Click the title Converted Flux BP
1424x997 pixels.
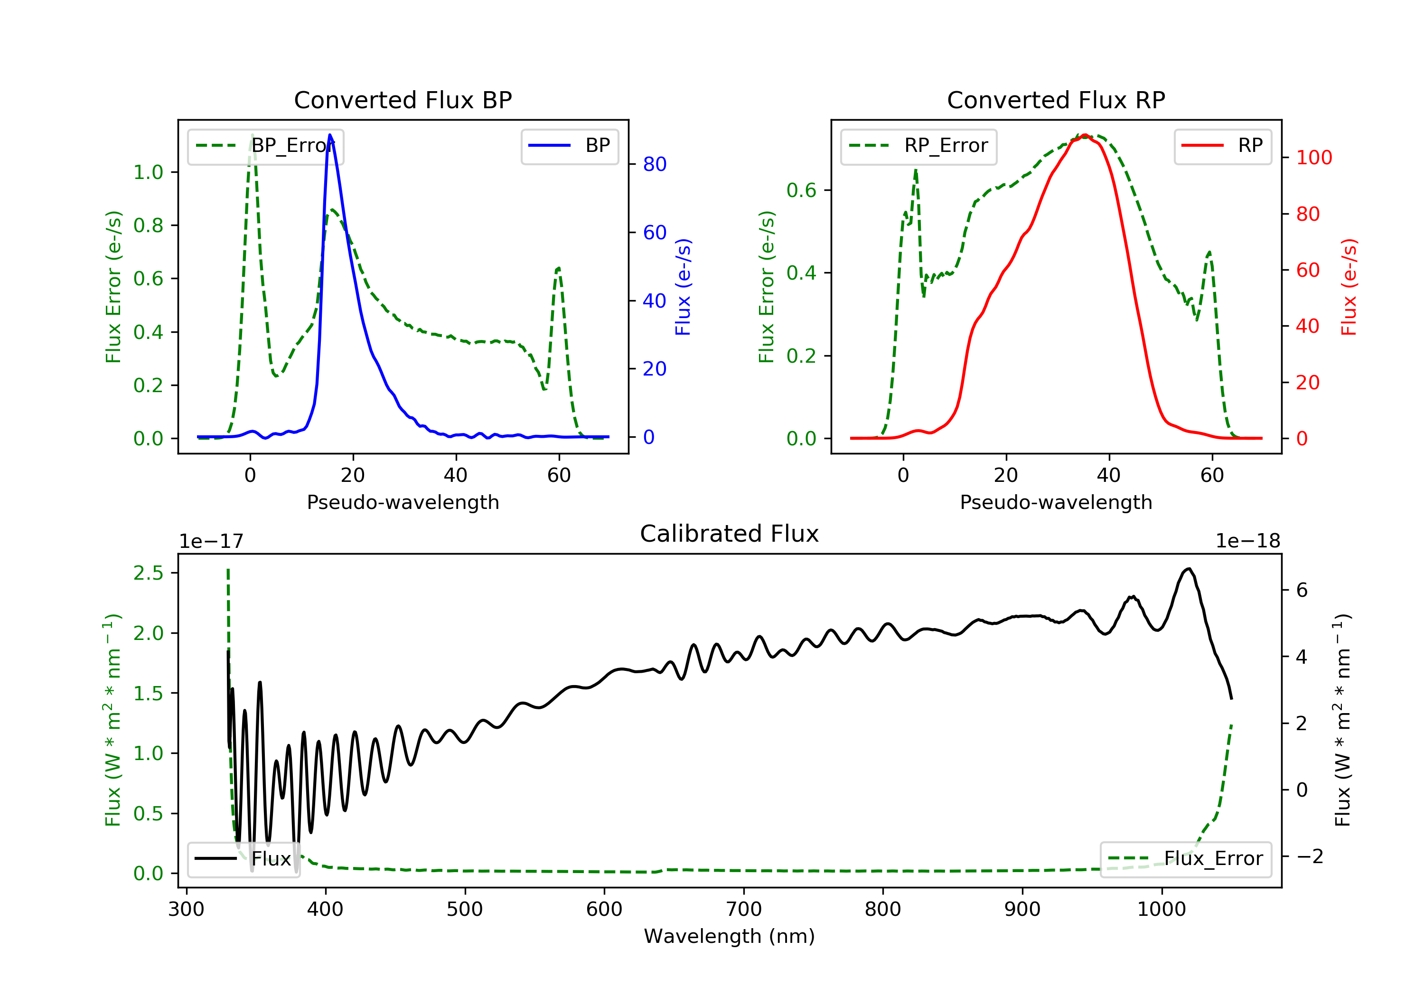pos(403,100)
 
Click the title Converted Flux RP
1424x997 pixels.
pos(1056,100)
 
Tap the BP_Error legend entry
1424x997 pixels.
pos(265,146)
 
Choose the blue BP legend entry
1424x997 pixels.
pos(569,146)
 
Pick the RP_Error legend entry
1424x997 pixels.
pos(918,146)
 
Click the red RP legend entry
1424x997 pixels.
pos(1222,146)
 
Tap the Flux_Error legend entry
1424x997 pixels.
pos(1185,859)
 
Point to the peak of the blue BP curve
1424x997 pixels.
pos(330,135)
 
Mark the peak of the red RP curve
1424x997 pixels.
pos(1085,135)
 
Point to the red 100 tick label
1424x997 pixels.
pos(1313,158)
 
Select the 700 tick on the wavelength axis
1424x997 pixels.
pos(744,910)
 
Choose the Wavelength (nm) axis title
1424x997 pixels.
pos(730,936)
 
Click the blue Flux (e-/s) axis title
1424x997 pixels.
pos(683,287)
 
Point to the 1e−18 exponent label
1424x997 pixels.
pos(1248,541)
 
